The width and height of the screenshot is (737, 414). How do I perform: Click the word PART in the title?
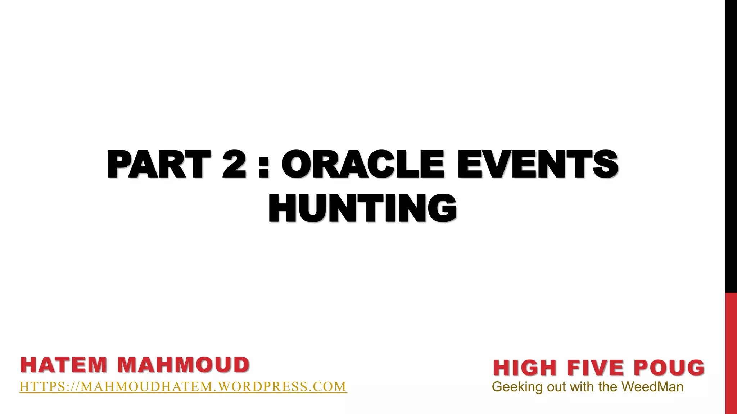158,164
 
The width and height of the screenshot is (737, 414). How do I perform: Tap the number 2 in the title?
234,164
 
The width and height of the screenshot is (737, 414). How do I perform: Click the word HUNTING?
363,208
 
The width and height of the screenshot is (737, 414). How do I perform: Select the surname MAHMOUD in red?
183,365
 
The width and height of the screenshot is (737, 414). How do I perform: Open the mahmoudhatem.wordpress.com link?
183,387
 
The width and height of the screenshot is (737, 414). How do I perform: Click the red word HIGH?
525,368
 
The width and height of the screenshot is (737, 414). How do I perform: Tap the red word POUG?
669,368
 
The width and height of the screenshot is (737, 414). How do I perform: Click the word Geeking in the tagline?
517,387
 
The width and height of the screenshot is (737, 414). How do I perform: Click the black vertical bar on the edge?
731,144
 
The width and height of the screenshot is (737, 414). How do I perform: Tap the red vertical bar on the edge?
731,352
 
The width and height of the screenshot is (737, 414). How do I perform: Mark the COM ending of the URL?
329,387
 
